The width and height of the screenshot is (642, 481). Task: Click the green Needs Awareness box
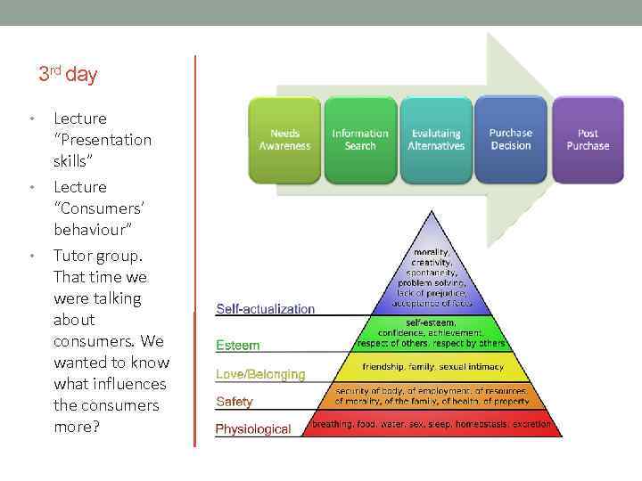point(284,140)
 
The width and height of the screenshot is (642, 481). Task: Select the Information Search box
point(360,140)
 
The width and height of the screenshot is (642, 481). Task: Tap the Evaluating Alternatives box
point(436,140)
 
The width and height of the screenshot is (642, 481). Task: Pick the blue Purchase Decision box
point(511,140)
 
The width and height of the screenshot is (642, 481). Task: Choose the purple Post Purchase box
point(588,140)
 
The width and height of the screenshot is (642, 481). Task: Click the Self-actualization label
point(265,309)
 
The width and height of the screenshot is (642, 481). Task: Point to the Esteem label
point(238,345)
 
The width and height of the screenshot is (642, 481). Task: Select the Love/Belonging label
point(260,375)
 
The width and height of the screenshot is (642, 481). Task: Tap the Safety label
point(235,402)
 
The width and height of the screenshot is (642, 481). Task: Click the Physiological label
point(253,429)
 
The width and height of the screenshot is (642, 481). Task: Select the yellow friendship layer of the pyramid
point(432,367)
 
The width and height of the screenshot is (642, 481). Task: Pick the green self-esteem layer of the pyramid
point(432,332)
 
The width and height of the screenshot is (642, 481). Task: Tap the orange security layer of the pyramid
point(432,395)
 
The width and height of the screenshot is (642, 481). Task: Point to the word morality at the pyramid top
point(432,252)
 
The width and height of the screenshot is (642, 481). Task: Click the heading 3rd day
point(68,74)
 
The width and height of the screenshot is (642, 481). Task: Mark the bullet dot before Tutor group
point(32,257)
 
